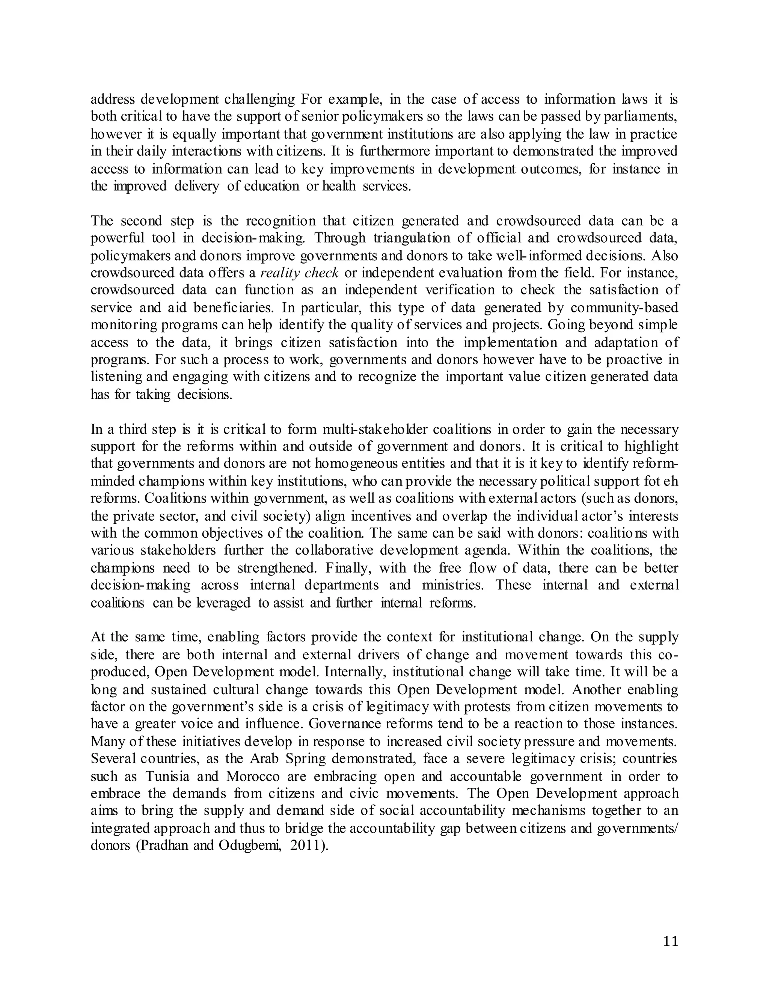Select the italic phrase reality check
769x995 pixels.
[300, 273]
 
